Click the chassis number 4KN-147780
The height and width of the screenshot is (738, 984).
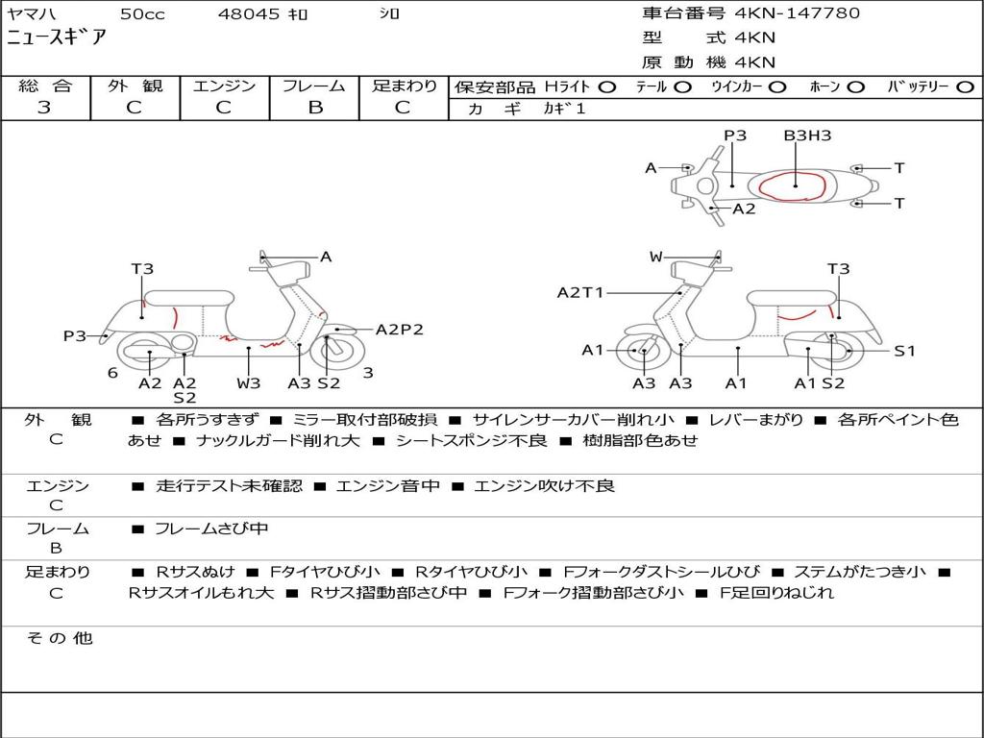(x=798, y=13)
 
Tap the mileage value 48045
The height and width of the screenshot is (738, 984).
(x=249, y=14)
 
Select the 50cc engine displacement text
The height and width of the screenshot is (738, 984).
(x=141, y=14)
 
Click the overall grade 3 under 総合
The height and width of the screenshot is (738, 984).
(x=44, y=108)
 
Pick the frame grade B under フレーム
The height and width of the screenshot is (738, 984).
(x=315, y=108)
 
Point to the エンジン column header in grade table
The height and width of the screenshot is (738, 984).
(x=224, y=86)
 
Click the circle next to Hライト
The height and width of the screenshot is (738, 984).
(x=606, y=86)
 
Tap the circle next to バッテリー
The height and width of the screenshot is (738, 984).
(x=965, y=86)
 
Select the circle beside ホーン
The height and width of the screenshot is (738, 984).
(x=855, y=86)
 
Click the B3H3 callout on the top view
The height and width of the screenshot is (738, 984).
(x=807, y=135)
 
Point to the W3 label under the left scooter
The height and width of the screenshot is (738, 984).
(x=249, y=382)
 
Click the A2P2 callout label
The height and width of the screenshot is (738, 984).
(x=399, y=330)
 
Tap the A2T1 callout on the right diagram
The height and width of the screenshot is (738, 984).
(x=580, y=292)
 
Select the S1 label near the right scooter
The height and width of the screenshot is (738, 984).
(x=905, y=351)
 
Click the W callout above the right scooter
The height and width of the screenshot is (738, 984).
(x=655, y=257)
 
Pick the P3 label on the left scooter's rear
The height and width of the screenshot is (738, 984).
(x=75, y=336)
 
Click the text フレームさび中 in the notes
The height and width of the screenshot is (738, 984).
(x=211, y=529)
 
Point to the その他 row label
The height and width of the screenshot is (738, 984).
(x=58, y=638)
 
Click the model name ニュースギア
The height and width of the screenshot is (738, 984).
(x=58, y=38)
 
